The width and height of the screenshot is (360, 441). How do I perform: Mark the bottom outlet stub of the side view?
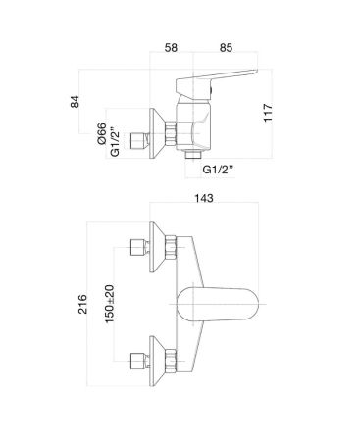[x=192, y=156]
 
